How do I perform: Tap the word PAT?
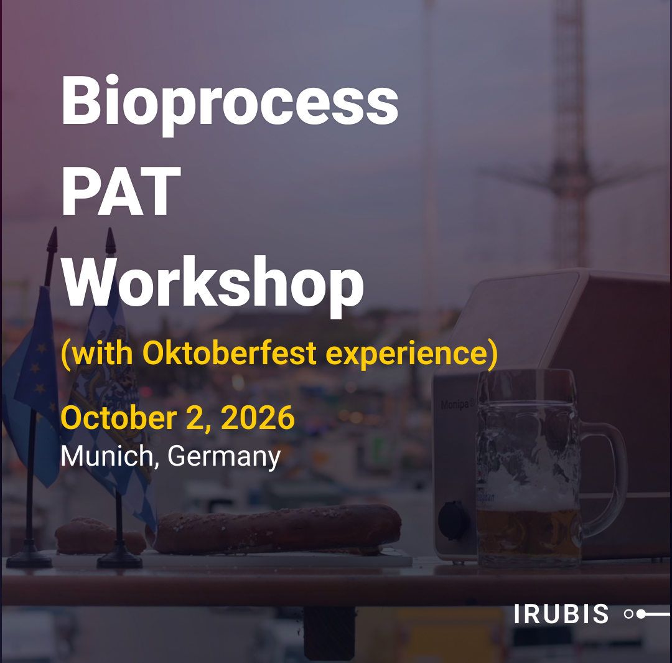tap(121, 191)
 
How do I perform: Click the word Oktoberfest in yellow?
tap(229, 353)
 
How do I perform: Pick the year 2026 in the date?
tap(258, 418)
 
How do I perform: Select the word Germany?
tap(224, 457)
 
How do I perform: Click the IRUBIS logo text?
tap(561, 614)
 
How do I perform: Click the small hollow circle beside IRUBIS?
tap(628, 614)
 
